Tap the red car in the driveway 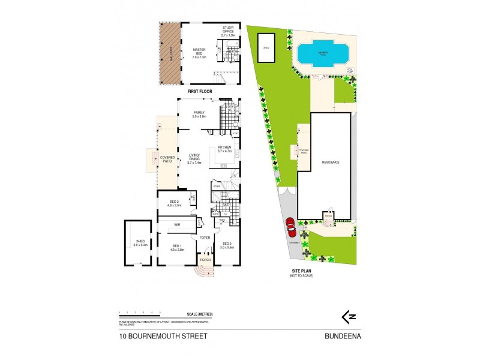pos(290,227)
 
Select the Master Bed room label pos(199,53)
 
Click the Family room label pos(199,114)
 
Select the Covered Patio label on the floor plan pos(167,159)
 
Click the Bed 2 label pos(173,203)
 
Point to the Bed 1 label pos(177,247)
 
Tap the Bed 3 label pos(226,245)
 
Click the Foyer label pos(205,238)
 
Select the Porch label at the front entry pos(205,260)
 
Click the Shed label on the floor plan pos(139,243)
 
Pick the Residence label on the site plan pos(331,163)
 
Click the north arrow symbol pos(345,315)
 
